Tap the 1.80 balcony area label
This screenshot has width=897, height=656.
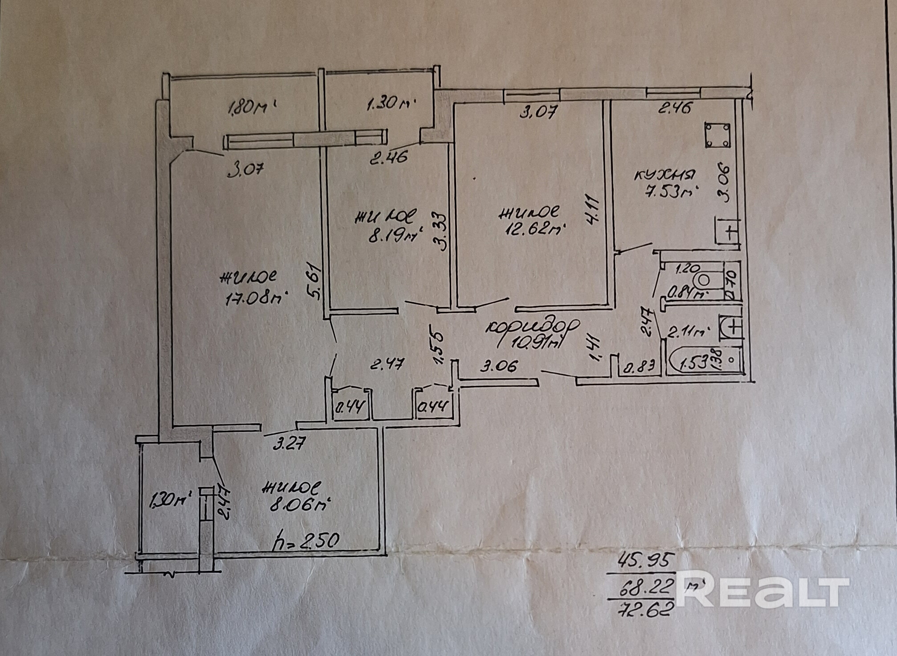pyautogui.click(x=248, y=107)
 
